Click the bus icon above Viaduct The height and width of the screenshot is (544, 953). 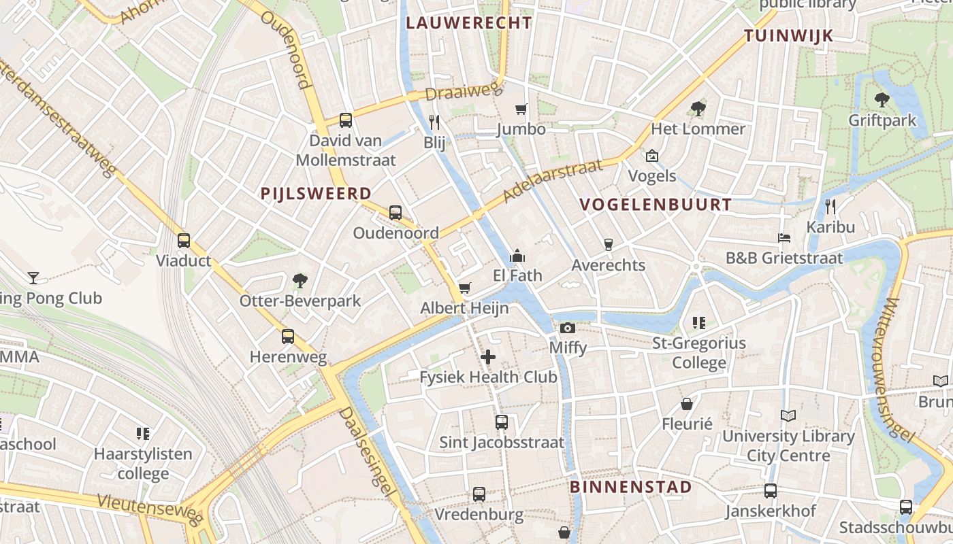[183, 240]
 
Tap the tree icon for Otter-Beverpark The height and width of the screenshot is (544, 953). [300, 280]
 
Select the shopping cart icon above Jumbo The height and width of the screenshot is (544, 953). [521, 109]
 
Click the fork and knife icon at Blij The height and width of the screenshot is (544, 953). [434, 122]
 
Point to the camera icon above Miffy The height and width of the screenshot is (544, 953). [568, 328]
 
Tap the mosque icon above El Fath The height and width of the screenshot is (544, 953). [517, 256]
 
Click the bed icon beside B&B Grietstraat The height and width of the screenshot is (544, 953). [784, 238]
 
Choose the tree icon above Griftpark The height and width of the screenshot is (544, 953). [882, 100]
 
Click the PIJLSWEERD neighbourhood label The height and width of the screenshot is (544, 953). [316, 194]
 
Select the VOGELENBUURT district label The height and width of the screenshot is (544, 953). [656, 205]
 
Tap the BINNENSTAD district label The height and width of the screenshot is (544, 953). [630, 487]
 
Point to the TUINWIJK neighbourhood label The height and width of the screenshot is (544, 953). [789, 36]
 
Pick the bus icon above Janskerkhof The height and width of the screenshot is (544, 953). [771, 490]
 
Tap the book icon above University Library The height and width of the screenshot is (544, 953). [788, 415]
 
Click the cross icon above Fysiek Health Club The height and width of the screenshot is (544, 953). [488, 356]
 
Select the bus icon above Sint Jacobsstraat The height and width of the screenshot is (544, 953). [502, 422]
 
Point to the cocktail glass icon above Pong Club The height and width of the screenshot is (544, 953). [33, 277]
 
